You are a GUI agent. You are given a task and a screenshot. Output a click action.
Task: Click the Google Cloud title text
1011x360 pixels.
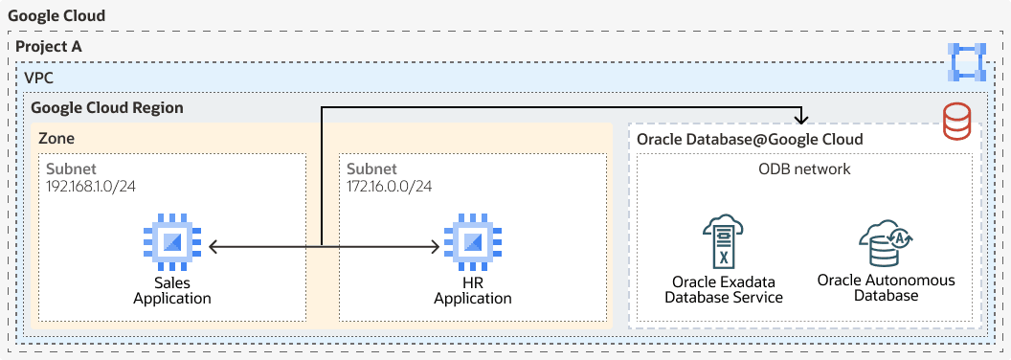click(x=56, y=17)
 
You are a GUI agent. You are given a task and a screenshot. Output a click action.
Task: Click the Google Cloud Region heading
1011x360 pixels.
click(x=107, y=108)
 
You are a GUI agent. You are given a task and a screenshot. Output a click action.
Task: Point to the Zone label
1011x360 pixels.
click(x=56, y=139)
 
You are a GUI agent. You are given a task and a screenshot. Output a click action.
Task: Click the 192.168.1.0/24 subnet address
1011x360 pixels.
click(x=91, y=186)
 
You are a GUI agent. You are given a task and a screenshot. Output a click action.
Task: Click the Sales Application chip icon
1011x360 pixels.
click(x=172, y=246)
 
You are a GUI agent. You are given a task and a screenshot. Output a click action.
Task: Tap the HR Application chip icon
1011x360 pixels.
click(x=473, y=246)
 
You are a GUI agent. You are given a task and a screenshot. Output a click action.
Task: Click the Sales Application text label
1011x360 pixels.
click(x=172, y=291)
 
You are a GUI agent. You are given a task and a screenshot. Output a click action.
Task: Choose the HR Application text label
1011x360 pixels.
click(x=473, y=291)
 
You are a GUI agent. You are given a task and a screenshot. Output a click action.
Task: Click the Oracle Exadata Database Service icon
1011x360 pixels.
click(x=724, y=240)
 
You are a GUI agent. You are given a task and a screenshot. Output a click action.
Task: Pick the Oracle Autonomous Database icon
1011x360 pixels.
click(x=884, y=243)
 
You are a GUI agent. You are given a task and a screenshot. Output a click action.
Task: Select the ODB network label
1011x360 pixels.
click(x=804, y=169)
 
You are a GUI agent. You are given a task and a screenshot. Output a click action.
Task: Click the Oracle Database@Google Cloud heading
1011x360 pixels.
click(x=751, y=140)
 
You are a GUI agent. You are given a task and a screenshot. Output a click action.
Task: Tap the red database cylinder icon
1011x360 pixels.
click(x=956, y=123)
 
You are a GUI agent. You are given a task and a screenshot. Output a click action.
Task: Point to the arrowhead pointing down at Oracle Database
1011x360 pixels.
click(x=802, y=119)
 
